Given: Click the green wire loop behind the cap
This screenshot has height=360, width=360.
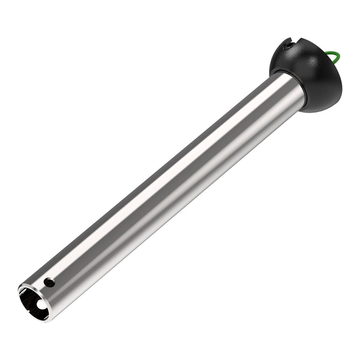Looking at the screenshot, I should tap(334, 58).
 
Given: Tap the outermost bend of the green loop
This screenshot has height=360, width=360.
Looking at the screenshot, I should tap(339, 58).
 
